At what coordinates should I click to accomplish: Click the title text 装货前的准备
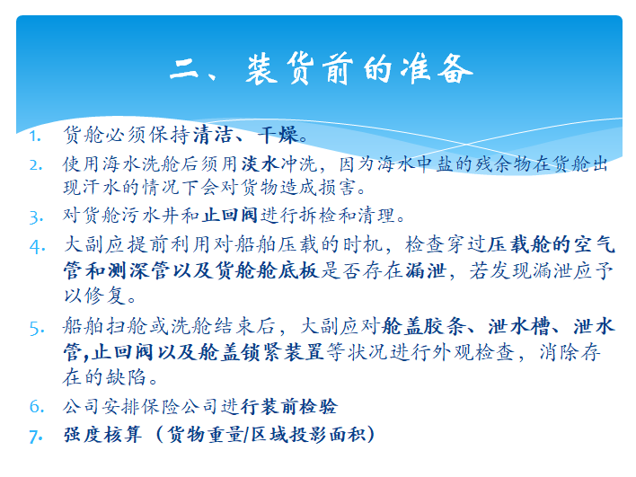359,69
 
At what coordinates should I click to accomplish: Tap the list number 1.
35,137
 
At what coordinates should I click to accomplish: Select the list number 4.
38,247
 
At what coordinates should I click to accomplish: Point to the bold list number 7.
36,437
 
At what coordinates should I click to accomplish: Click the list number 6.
37,406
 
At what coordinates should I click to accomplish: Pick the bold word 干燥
279,135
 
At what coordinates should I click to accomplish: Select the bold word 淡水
260,164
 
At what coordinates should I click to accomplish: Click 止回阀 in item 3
230,215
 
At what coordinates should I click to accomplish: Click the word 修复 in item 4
105,296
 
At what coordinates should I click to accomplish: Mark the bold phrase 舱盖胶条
423,326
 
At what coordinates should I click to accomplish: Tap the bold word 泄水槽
519,326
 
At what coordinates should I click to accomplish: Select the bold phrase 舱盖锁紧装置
261,351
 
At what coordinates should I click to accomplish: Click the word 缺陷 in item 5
126,376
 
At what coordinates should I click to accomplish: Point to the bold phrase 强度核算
103,435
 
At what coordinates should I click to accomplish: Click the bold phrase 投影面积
329,435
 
